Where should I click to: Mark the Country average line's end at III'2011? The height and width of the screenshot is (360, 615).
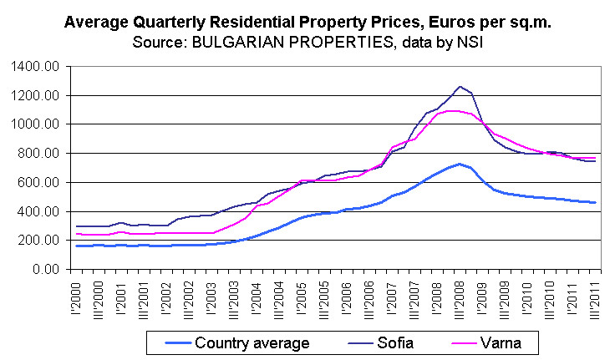click(x=594, y=203)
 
